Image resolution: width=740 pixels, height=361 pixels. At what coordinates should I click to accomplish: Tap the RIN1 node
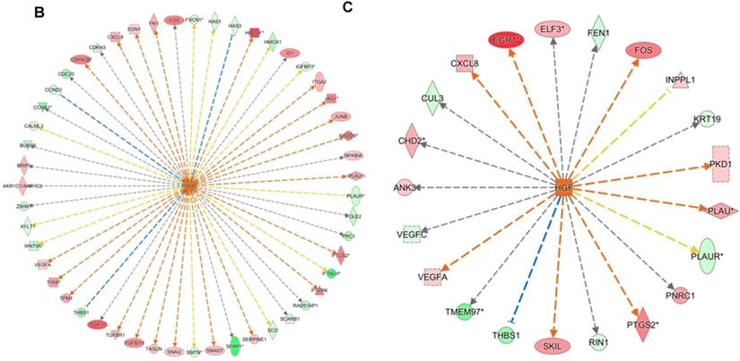click(599, 342)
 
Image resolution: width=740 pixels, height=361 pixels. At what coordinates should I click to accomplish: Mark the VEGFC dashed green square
click(410, 233)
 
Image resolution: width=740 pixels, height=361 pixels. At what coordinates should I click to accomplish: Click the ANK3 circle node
click(404, 187)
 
